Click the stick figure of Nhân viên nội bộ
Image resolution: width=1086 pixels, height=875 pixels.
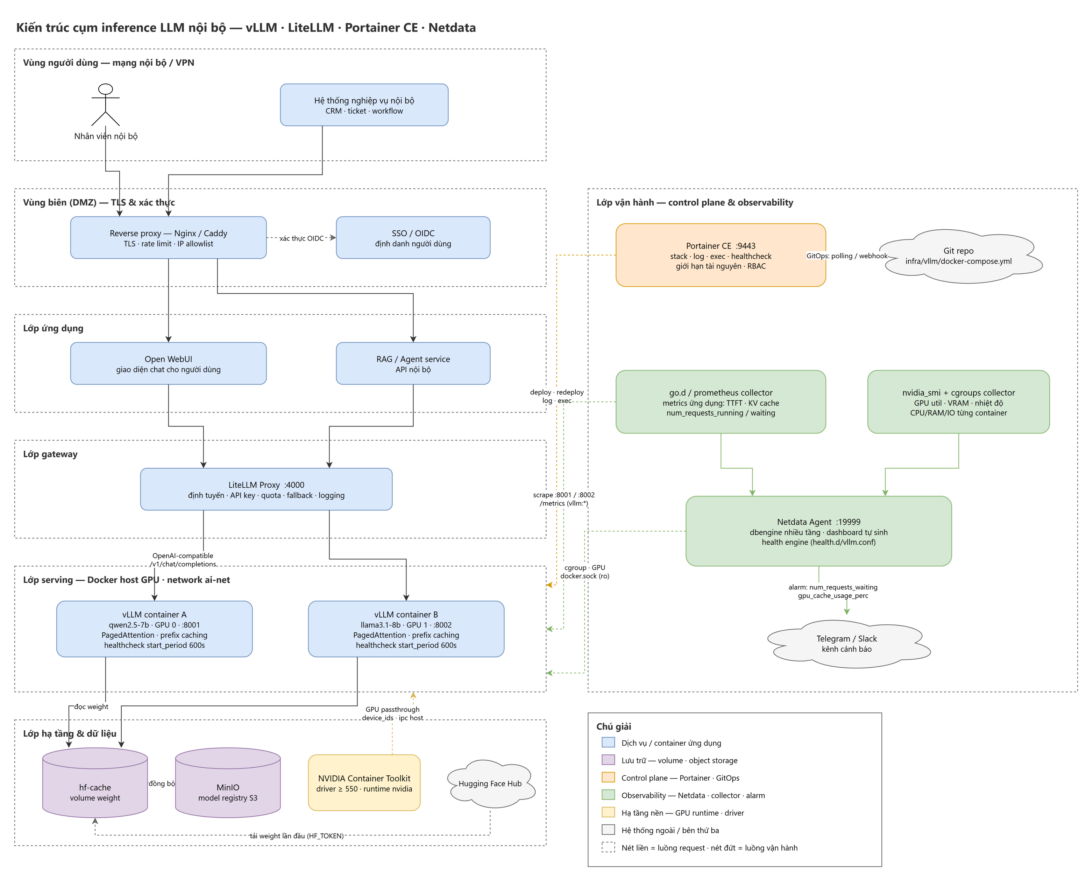(x=105, y=104)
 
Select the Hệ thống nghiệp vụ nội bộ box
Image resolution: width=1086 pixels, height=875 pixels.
(x=364, y=105)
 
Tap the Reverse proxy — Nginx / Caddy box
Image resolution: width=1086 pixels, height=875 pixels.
(x=168, y=238)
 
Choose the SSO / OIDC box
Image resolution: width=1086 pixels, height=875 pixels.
(x=413, y=238)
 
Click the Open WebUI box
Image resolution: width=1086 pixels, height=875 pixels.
(x=168, y=364)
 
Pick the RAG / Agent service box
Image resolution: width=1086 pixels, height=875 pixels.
(x=413, y=364)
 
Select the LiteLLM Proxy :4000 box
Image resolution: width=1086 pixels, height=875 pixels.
(x=266, y=489)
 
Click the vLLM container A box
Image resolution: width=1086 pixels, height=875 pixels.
(x=154, y=629)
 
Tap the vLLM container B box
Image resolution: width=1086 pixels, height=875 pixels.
(x=406, y=629)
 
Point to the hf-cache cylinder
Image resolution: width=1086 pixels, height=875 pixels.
(x=95, y=783)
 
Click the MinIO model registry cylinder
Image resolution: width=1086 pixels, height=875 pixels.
(x=228, y=783)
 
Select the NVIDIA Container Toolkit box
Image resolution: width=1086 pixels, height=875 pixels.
(x=364, y=783)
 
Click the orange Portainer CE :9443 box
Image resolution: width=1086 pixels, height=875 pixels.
(x=721, y=255)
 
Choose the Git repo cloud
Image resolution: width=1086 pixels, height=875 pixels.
(x=958, y=256)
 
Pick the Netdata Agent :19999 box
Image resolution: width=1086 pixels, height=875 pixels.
(x=818, y=531)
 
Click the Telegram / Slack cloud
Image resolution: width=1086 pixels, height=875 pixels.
(x=846, y=644)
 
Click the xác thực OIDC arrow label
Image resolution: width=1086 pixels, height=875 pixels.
(x=301, y=238)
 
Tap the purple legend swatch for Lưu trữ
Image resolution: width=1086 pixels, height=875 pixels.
(x=608, y=760)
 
